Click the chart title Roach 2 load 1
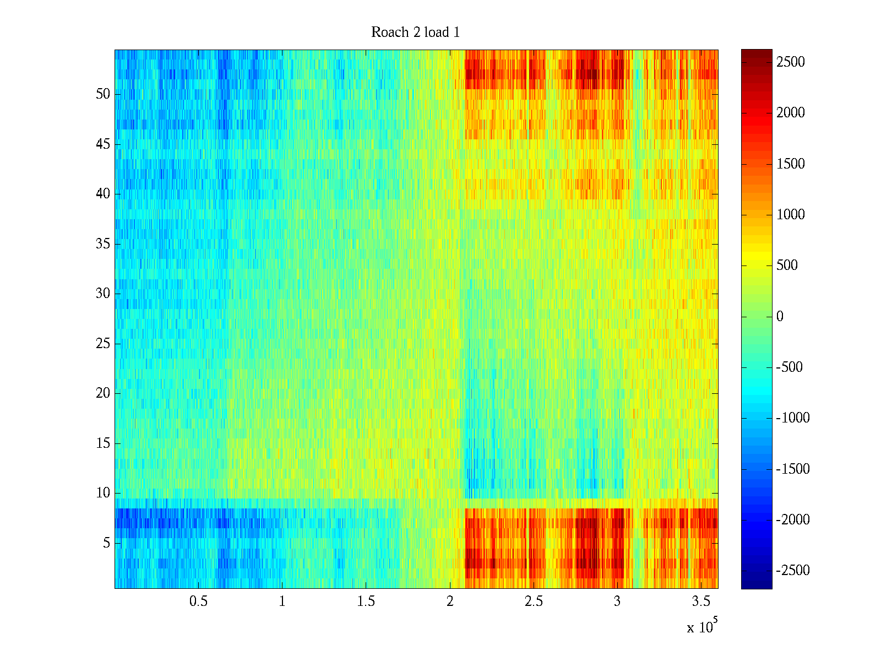415,32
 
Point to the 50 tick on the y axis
103,94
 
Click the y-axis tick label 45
103,144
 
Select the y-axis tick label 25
103,344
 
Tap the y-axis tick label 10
103,493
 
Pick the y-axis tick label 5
106,543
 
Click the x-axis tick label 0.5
198,602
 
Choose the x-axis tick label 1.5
366,602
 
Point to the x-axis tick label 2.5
534,602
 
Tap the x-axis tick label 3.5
700,602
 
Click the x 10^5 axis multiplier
702,626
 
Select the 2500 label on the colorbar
790,62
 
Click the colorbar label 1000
790,215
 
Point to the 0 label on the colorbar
780,317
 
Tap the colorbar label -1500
793,469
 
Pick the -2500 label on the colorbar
793,571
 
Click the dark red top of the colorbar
756,53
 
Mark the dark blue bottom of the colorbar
756,585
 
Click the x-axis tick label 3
617,602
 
